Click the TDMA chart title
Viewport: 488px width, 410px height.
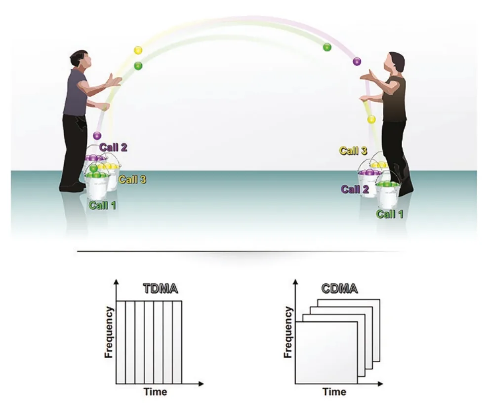coord(161,289)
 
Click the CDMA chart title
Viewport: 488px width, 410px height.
coord(339,289)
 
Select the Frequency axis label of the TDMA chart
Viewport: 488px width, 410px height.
coord(109,332)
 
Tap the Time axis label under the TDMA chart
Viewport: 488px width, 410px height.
coord(155,391)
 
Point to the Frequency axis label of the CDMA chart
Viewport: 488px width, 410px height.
coord(288,332)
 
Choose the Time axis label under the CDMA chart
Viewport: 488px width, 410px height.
coord(334,391)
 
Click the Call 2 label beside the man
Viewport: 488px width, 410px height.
coord(113,147)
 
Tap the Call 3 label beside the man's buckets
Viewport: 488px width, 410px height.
coord(132,180)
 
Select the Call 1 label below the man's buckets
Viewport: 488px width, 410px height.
coord(102,205)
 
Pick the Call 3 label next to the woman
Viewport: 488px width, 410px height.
coord(353,151)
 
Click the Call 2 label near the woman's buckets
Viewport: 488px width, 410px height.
coord(355,189)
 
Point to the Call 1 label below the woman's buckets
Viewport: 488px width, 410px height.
coord(390,214)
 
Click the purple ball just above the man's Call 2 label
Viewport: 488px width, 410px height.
coord(97,136)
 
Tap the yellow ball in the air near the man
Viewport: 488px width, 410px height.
coord(138,50)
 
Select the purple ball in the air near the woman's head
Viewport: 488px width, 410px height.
coord(357,62)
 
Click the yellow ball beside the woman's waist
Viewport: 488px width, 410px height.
coord(371,119)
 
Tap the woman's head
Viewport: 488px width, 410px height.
coord(395,62)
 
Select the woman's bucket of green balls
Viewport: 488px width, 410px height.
coord(387,193)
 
